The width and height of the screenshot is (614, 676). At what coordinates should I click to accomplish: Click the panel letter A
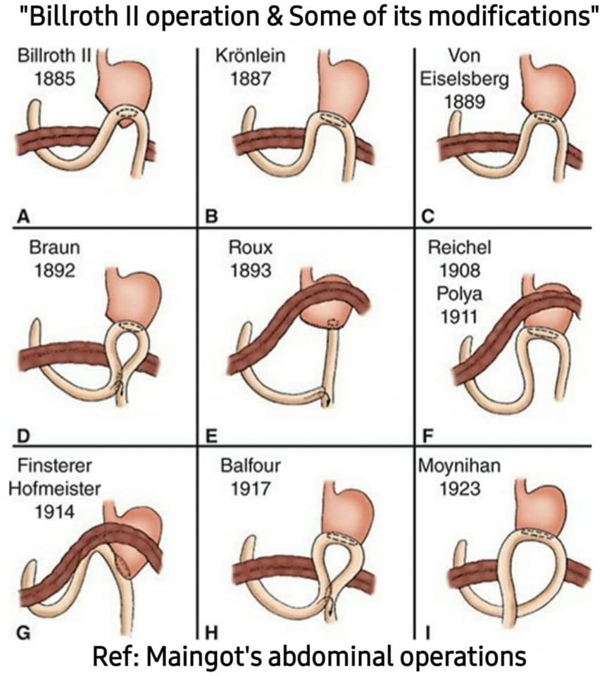tap(23, 215)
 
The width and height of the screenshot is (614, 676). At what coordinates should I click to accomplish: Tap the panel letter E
tap(211, 437)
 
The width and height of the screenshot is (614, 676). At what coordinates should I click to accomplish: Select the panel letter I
tap(427, 632)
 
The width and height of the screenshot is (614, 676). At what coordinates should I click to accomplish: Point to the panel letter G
tap(24, 632)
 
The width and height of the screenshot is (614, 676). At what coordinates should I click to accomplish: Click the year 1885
tap(55, 79)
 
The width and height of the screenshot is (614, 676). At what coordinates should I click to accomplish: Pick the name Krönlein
tap(251, 56)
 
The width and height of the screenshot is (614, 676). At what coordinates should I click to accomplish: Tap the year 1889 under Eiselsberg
tap(465, 101)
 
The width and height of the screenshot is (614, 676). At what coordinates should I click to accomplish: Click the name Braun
tap(55, 247)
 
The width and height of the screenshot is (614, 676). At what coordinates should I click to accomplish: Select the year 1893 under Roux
tap(251, 270)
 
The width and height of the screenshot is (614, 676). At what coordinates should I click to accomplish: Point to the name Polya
tap(460, 294)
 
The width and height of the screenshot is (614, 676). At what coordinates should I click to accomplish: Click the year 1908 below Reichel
tap(460, 270)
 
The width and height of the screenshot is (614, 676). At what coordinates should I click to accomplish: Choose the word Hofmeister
tap(55, 489)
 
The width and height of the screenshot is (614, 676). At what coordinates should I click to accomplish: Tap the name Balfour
tap(251, 465)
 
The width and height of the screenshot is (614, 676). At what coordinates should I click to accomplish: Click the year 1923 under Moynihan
tap(460, 489)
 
